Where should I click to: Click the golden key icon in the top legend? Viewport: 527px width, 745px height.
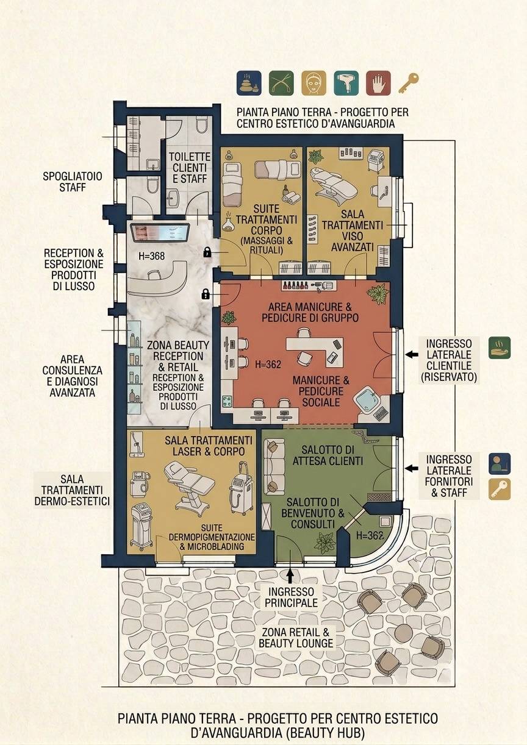click(x=409, y=83)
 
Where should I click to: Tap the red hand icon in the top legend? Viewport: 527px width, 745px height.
click(x=378, y=83)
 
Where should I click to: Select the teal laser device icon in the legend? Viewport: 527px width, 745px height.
click(x=346, y=83)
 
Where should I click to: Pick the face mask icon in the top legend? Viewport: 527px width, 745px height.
click(x=314, y=83)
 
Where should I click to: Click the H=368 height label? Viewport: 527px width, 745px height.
click(x=152, y=256)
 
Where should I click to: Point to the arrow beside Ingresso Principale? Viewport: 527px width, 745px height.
click(x=290, y=576)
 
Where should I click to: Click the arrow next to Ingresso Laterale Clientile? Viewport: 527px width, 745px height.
click(x=412, y=355)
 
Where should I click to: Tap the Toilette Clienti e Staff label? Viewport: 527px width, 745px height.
click(x=190, y=168)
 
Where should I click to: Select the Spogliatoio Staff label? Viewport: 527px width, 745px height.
click(x=72, y=182)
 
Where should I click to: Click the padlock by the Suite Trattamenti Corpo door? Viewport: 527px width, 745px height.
click(x=207, y=252)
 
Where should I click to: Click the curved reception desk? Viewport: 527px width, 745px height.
click(x=158, y=279)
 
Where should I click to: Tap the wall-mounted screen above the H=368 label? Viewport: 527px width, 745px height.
click(x=160, y=233)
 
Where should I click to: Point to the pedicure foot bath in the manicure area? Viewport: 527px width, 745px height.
click(x=367, y=403)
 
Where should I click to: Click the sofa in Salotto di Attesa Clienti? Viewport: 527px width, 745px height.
click(x=273, y=466)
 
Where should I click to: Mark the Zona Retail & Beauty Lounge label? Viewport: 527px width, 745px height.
click(x=296, y=638)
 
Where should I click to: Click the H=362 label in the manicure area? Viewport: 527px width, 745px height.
click(x=268, y=365)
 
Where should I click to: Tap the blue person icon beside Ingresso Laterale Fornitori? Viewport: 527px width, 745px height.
click(x=500, y=463)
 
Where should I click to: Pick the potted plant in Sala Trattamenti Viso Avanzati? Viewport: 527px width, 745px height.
click(x=315, y=156)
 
